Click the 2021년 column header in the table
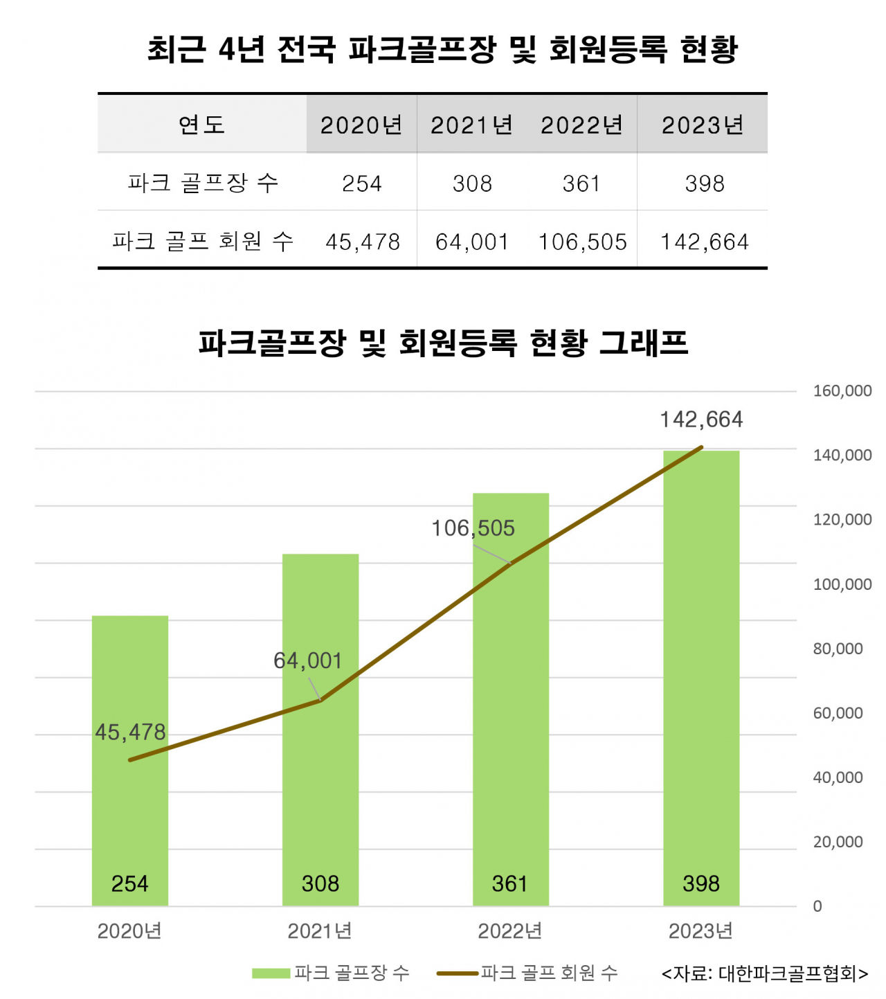point(471,125)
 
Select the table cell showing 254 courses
point(362,183)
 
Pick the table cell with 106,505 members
point(582,242)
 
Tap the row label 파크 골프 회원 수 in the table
point(203,241)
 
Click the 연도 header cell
point(201,125)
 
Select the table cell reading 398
point(704,183)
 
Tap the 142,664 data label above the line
point(701,420)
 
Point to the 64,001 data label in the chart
point(308,660)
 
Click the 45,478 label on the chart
point(130,732)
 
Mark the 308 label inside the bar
point(320,883)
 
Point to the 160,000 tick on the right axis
point(842,391)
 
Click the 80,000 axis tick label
point(838,649)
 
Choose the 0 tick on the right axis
point(817,906)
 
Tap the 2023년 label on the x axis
point(700,931)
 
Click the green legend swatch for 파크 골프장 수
point(271,973)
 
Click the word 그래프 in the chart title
point(643,343)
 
